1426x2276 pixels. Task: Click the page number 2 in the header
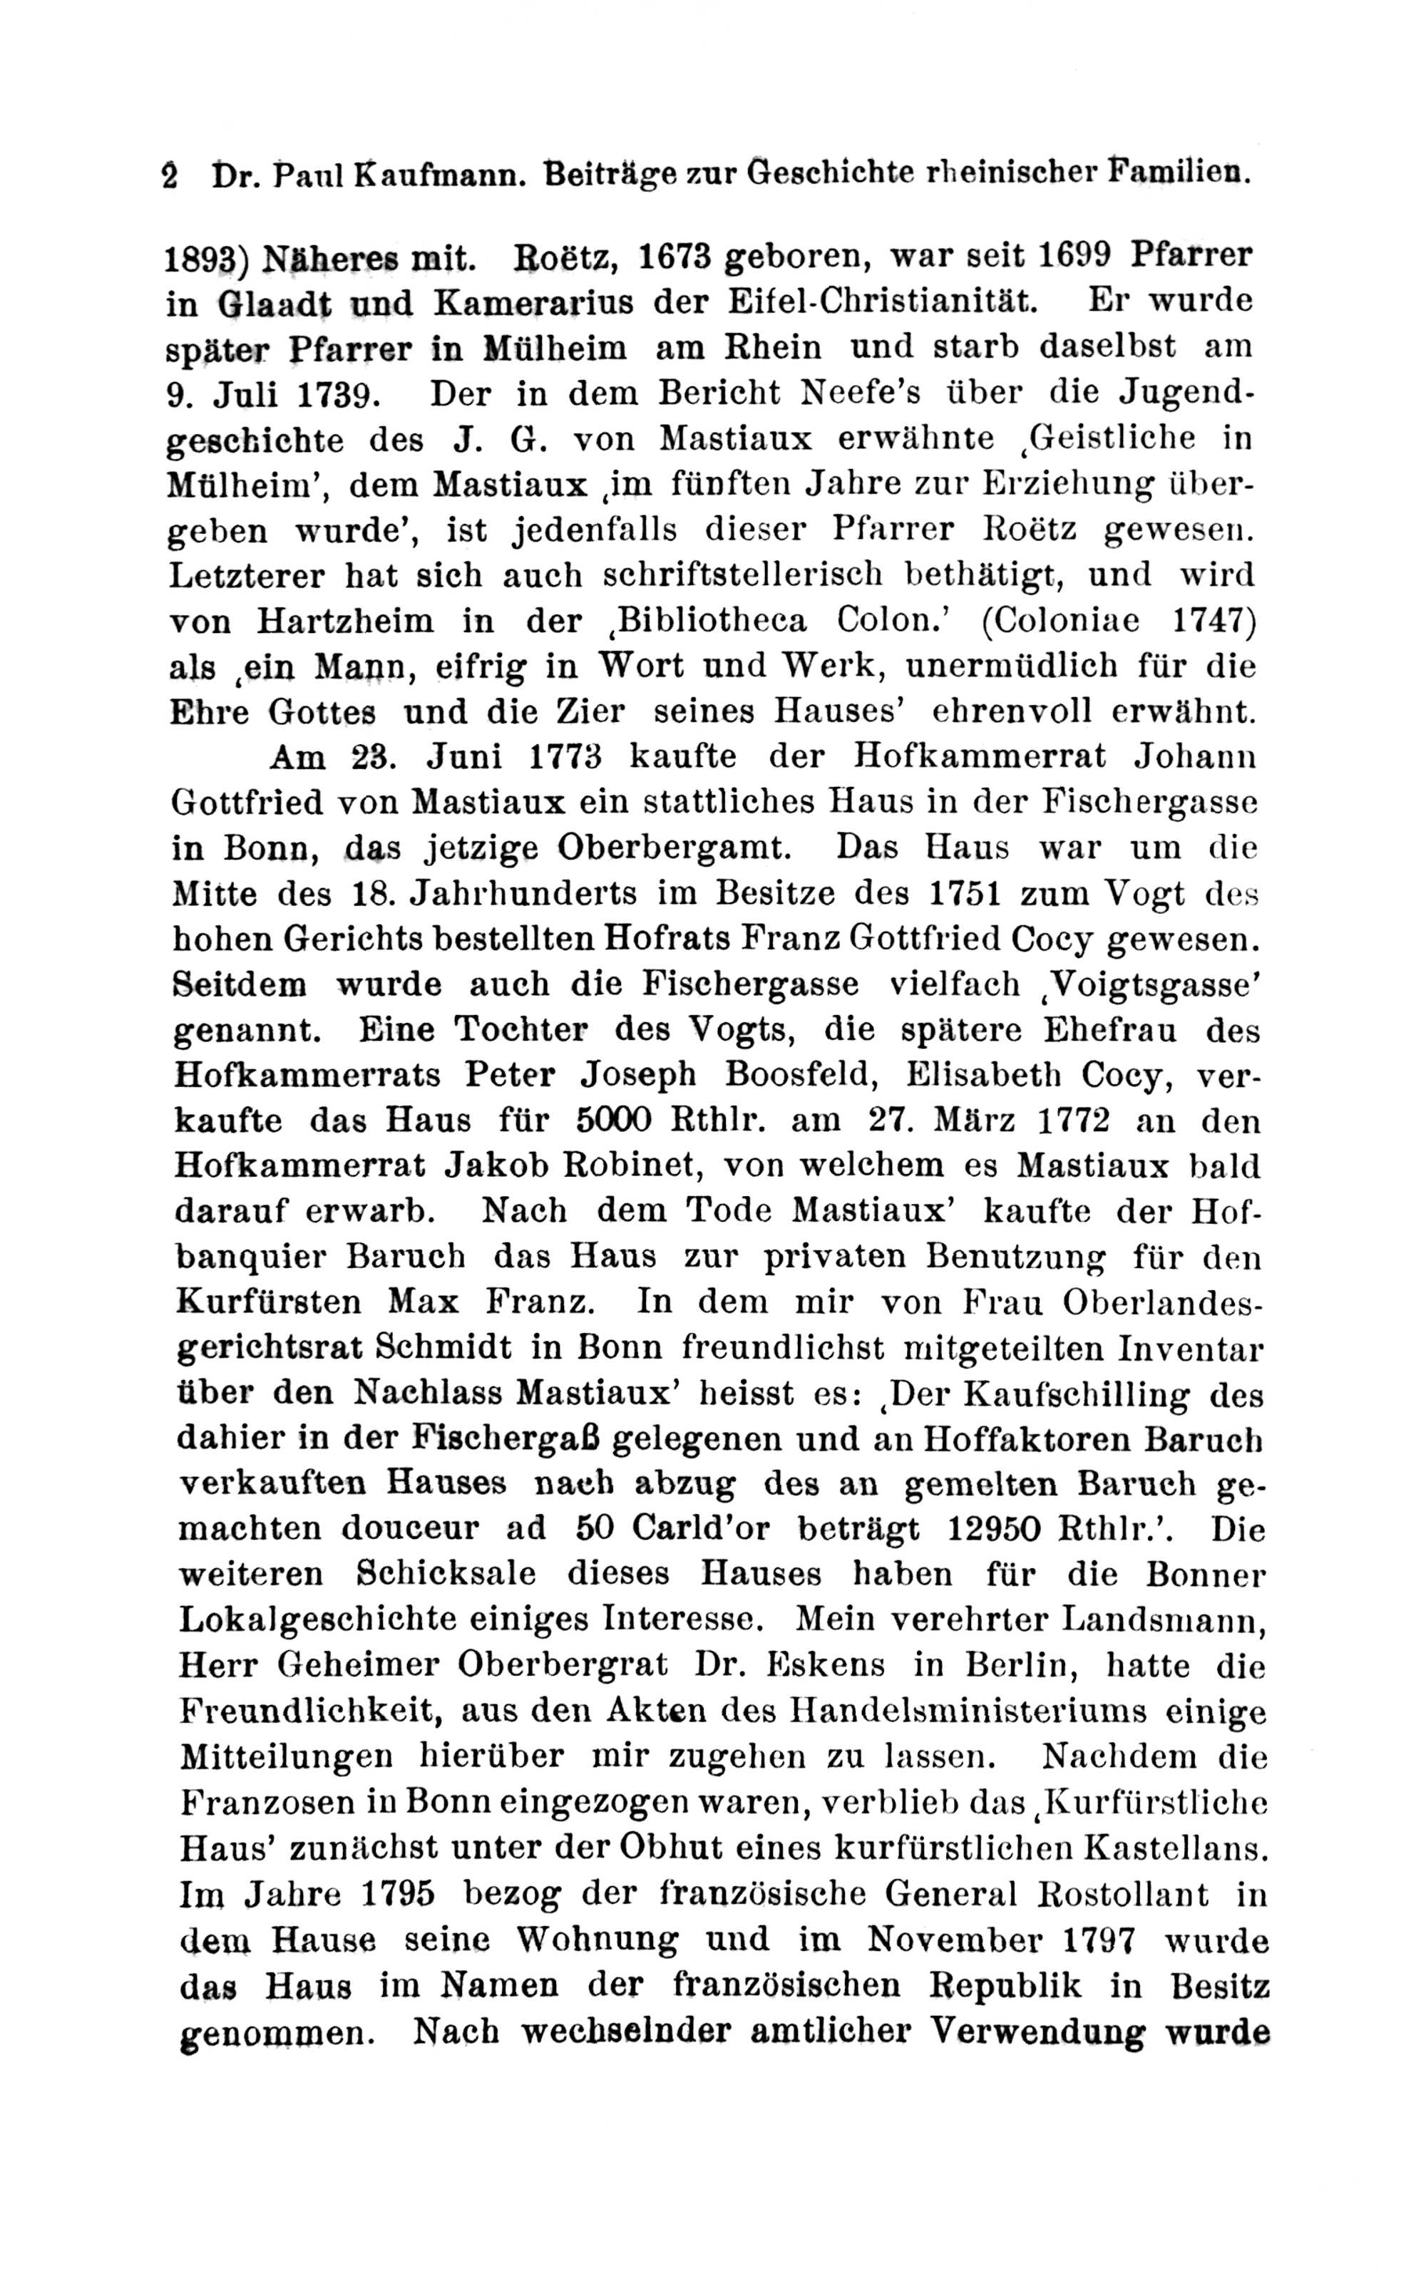170,176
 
